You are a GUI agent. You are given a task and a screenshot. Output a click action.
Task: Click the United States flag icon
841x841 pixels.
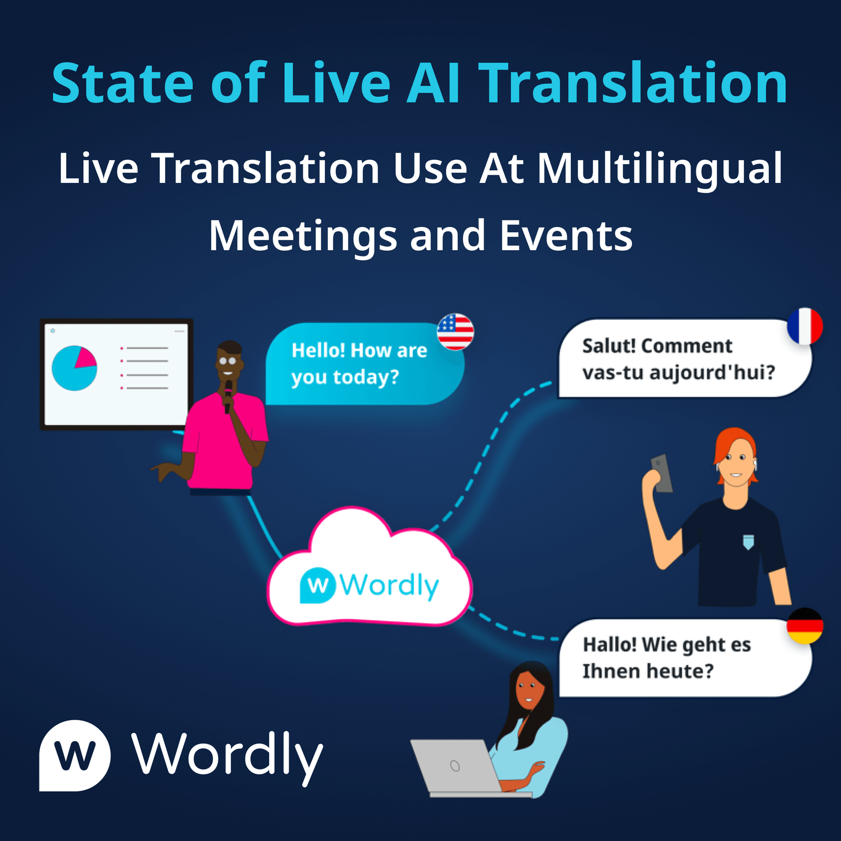coord(455,332)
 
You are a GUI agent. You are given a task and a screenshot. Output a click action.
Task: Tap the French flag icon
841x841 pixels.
coord(805,326)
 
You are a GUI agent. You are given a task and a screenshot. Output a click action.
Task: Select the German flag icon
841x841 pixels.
coord(805,626)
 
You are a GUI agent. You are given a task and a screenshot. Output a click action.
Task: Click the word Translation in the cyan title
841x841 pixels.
coord(635,83)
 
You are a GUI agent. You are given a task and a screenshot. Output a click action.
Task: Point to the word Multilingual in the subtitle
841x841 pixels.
coord(660,169)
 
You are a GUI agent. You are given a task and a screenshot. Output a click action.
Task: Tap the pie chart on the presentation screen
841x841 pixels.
coord(74,368)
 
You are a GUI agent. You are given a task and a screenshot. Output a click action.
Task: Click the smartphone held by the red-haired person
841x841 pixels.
coord(662,473)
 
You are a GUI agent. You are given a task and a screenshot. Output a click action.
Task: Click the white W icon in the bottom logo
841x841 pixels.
coord(75,755)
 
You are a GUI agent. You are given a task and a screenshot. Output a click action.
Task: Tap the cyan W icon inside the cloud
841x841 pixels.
coord(317,585)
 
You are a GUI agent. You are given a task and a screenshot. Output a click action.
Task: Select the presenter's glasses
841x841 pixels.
coord(228,361)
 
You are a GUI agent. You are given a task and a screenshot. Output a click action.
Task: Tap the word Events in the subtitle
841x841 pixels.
coord(566,236)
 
